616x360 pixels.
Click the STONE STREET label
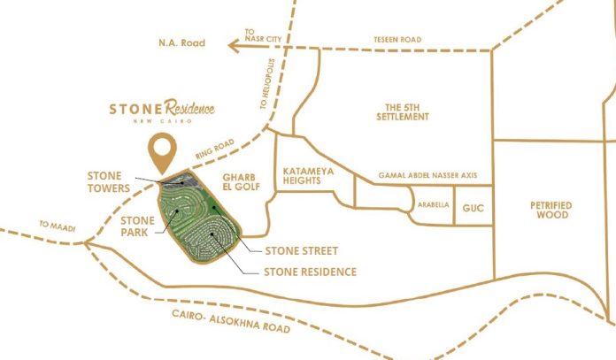coord(301,251)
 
